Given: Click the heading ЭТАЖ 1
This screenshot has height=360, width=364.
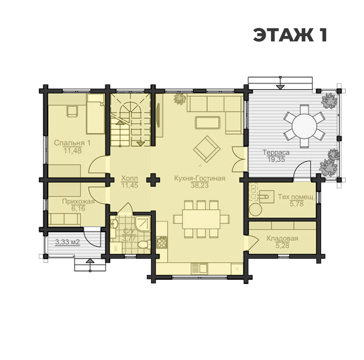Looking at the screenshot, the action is (x=290, y=35).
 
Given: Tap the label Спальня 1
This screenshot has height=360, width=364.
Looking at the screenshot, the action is (x=72, y=142).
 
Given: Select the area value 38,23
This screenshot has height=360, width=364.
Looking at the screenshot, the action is (x=200, y=185).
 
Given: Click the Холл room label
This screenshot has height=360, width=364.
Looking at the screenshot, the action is (x=130, y=178).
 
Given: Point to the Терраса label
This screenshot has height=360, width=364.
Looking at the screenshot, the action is (x=276, y=152).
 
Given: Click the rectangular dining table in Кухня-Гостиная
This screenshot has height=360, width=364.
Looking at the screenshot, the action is (x=201, y=219).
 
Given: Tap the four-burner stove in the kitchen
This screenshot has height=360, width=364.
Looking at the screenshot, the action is (x=162, y=243).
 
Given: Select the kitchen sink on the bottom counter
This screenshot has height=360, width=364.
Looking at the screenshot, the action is (x=199, y=269).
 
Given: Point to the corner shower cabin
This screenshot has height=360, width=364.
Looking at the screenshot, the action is (x=142, y=224).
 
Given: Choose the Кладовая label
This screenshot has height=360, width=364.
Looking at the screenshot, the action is (x=282, y=238).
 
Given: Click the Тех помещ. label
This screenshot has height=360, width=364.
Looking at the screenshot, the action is (x=297, y=197).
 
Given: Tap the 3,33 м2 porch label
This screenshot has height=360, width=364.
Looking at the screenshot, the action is (x=67, y=242).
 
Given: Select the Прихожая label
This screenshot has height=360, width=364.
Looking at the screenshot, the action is (x=78, y=201).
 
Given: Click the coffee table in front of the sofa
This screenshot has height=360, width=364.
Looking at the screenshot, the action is (x=207, y=122).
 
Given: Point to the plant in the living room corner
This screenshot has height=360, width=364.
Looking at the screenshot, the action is (x=180, y=99).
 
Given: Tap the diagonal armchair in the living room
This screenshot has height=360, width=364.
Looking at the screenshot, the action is (x=207, y=149).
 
